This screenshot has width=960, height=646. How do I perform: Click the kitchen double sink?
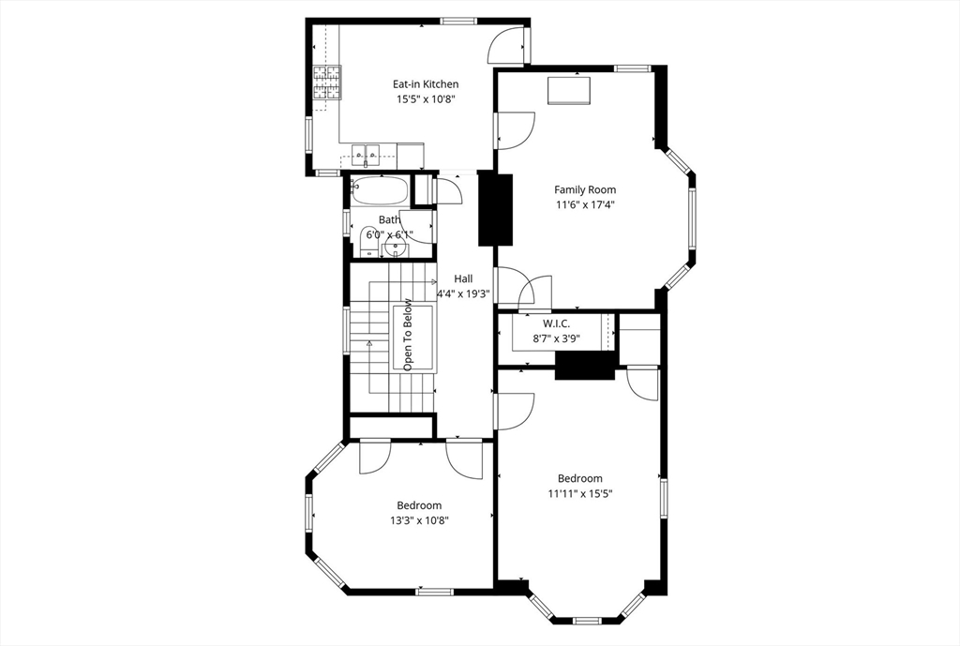pyautogui.click(x=367, y=152)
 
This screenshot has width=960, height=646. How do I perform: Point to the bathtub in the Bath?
pyautogui.click(x=380, y=191)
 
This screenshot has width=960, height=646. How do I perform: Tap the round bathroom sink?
pyautogui.click(x=397, y=248)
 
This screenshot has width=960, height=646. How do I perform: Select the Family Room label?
pyautogui.click(x=585, y=189)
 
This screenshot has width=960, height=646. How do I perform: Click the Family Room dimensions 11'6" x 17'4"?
pyautogui.click(x=585, y=204)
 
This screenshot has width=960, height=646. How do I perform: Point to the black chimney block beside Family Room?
pyautogui.click(x=497, y=208)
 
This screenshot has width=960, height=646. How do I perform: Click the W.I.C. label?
pyautogui.click(x=556, y=323)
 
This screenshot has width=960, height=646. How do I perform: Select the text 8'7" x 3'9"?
pyautogui.click(x=556, y=339)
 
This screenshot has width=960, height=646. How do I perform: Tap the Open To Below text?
pyautogui.click(x=408, y=335)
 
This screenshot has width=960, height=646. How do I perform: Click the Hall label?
pyautogui.click(x=463, y=278)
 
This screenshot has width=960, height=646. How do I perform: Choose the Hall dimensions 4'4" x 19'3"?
pyautogui.click(x=463, y=293)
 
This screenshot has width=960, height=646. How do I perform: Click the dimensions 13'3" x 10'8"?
pyautogui.click(x=418, y=520)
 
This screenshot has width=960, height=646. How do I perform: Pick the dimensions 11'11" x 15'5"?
pyautogui.click(x=579, y=493)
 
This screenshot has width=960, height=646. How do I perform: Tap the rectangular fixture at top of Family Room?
pyautogui.click(x=569, y=90)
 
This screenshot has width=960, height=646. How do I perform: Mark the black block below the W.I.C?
pyautogui.click(x=585, y=365)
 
